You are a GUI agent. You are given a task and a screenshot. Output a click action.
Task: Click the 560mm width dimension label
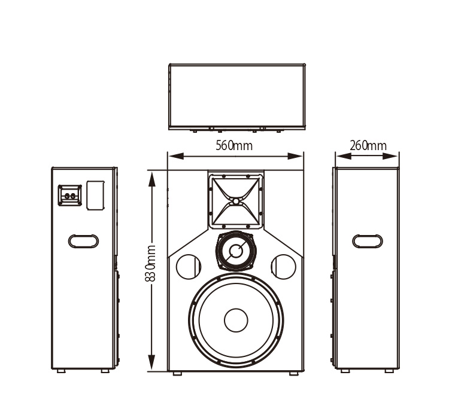(234, 145)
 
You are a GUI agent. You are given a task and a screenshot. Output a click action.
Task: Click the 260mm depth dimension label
(368, 145)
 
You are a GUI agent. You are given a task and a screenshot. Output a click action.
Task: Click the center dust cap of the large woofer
(236, 321)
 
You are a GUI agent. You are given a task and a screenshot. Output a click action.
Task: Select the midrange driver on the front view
(236, 251)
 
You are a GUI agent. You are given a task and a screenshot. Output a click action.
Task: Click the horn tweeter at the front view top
(236, 201)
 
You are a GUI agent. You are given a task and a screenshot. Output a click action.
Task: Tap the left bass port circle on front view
(188, 266)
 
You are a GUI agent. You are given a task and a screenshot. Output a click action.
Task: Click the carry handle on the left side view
(83, 241)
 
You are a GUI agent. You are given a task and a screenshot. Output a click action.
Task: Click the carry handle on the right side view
(367, 241)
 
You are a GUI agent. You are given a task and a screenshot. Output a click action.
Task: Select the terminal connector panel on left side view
(69, 195)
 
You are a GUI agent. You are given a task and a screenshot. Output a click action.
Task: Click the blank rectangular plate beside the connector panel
(95, 195)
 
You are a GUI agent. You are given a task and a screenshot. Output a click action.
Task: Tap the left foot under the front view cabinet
(177, 373)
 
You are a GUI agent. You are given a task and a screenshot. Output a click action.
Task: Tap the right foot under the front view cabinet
(293, 373)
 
